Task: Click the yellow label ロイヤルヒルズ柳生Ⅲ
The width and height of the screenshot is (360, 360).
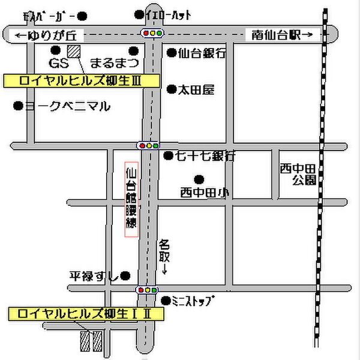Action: coord(81,80)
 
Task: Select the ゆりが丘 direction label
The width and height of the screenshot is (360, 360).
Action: coord(50,35)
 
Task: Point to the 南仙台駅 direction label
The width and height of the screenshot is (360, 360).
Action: coord(279,35)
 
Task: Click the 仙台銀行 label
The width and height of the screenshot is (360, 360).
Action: coord(202,53)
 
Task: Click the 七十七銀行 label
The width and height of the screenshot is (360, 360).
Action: coord(205,156)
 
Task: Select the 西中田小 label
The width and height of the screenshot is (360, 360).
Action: coord(203,193)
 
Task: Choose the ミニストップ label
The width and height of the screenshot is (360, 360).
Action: coord(193,300)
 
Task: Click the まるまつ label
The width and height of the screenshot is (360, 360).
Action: coord(115,62)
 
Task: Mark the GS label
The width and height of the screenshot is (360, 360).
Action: coord(56,62)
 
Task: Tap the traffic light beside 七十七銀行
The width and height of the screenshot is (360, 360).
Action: coord(148,145)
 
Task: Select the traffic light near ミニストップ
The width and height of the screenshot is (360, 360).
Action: coord(147,290)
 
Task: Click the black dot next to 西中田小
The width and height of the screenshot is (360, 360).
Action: coord(199,179)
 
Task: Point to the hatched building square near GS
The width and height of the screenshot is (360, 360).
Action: coord(74,51)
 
